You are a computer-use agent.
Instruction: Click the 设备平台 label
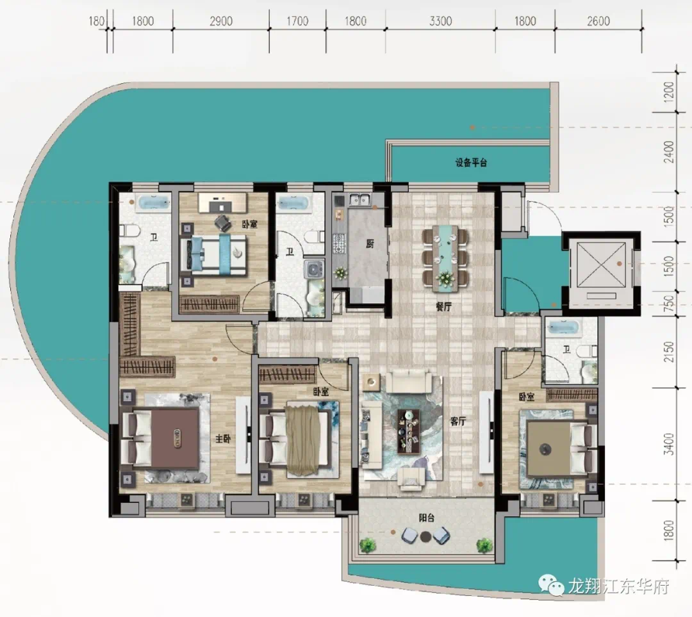pyautogui.click(x=471, y=163)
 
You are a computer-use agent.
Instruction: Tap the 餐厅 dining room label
pyautogui.click(x=443, y=306)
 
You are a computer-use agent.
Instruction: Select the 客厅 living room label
pyautogui.click(x=458, y=422)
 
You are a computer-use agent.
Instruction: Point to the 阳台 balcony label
pyautogui.click(x=426, y=518)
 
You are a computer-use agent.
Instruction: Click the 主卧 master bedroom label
pyautogui.click(x=223, y=439)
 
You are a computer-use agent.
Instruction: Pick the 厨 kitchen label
pyautogui.click(x=370, y=243)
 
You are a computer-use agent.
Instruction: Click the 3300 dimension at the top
pyautogui.click(x=440, y=21)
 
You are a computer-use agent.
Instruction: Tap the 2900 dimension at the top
pyautogui.click(x=220, y=21)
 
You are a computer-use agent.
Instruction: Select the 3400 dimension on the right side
pyautogui.click(x=669, y=445)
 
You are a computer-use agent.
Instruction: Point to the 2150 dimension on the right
pyautogui.click(x=669, y=352)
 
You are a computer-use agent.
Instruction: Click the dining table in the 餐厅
pyautogui.click(x=445, y=258)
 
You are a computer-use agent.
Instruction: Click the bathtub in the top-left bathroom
pyautogui.click(x=154, y=203)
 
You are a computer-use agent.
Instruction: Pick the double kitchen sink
pyautogui.click(x=359, y=200)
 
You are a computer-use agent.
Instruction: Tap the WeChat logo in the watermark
pyautogui.click(x=551, y=585)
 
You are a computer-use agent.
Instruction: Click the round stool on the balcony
pyautogui.click(x=425, y=537)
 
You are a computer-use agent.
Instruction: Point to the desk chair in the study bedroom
pyautogui.click(x=224, y=223)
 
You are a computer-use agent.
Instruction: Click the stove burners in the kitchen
pyautogui.click(x=340, y=244)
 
